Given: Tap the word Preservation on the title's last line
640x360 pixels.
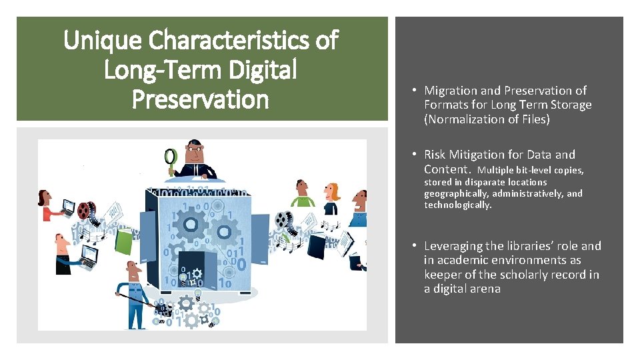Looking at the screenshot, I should point(200,99).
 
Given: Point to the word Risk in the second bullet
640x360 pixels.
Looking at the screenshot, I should point(437,155).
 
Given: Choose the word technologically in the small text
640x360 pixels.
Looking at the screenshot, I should point(458,205).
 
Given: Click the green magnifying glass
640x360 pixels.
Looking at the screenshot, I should point(171,157).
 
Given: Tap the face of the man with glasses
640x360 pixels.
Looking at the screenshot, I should point(194,153).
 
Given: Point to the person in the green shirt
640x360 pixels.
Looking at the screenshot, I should point(302,194).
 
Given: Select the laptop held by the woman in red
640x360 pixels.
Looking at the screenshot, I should point(69,208).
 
